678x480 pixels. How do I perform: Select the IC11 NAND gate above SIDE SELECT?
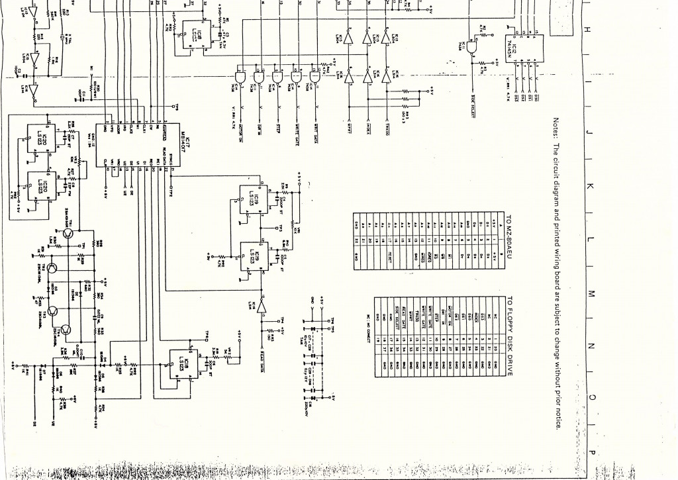[x=472, y=48]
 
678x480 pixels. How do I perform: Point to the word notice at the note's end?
[x=557, y=418]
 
